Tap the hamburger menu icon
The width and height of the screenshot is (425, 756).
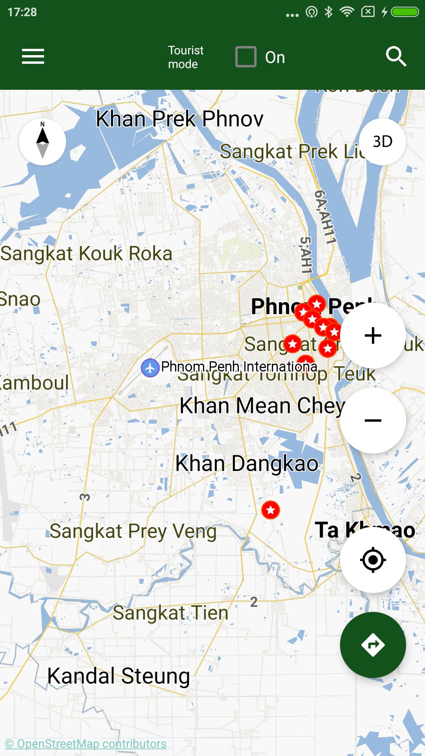(33, 56)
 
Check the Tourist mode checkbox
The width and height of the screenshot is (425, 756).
(246, 57)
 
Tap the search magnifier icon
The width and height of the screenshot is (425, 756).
(396, 57)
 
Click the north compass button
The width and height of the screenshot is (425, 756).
(42, 142)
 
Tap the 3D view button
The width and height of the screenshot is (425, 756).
(382, 142)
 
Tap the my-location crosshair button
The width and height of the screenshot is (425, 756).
(373, 560)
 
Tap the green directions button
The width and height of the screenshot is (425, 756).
(373, 645)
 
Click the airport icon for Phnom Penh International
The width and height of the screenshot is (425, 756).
(150, 368)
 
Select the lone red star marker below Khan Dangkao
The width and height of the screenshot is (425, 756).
(271, 510)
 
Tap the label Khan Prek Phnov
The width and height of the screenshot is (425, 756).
(179, 119)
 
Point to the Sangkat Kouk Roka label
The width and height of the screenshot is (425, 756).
(87, 254)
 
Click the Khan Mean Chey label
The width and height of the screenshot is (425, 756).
(262, 406)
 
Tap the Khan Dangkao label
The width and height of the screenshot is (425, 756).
(247, 463)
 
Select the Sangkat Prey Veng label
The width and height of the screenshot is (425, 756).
(133, 531)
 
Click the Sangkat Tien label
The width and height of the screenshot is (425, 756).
(170, 613)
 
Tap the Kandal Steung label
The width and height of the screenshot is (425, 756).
(118, 676)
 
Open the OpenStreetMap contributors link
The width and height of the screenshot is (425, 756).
(85, 744)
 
